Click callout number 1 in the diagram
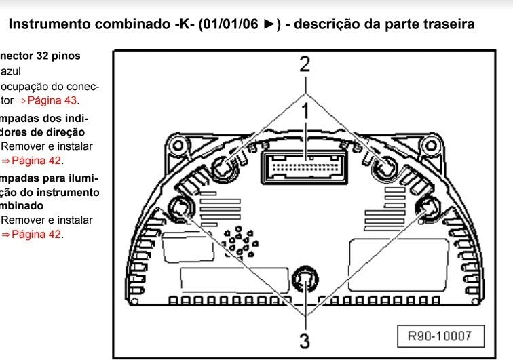pyautogui.click(x=306, y=111)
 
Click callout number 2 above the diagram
pyautogui.click(x=305, y=64)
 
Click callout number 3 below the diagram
pyautogui.click(x=305, y=338)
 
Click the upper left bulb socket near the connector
pyautogui.click(x=225, y=165)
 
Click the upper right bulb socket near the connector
pyautogui.click(x=387, y=165)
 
